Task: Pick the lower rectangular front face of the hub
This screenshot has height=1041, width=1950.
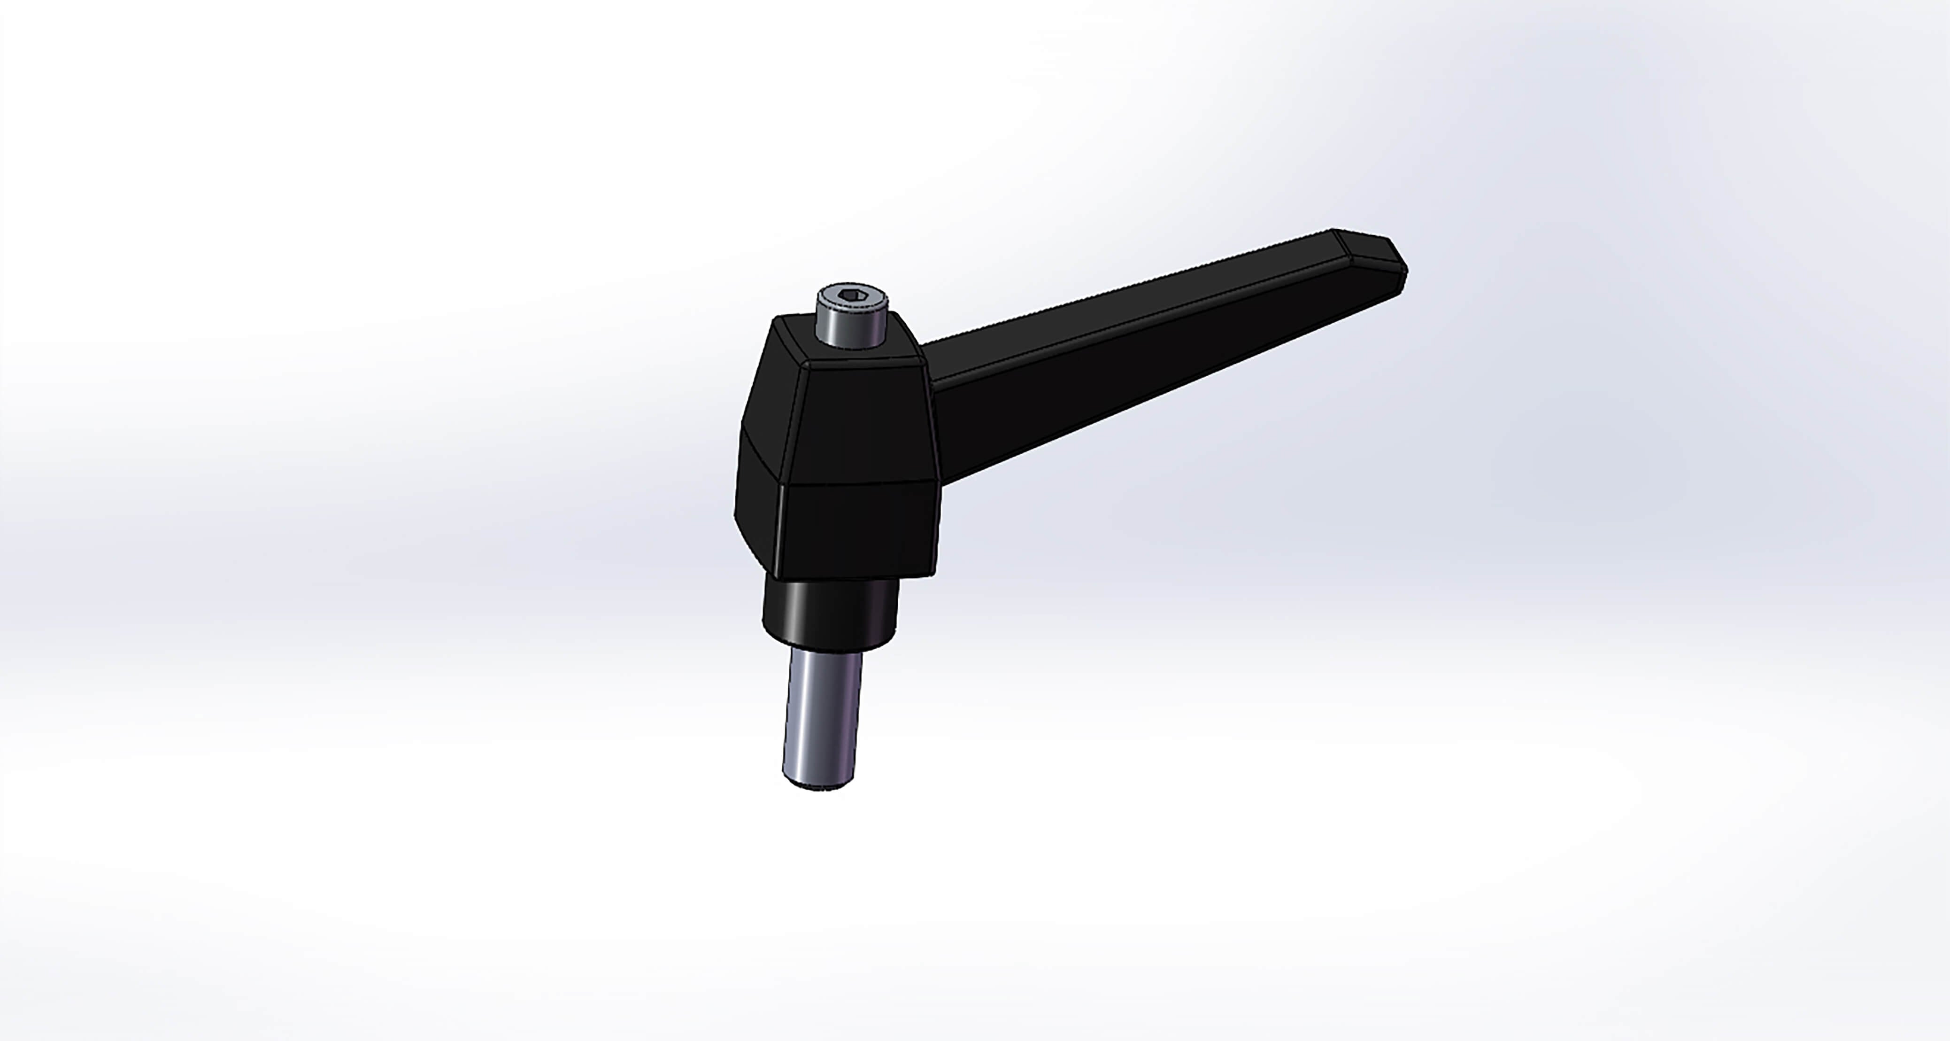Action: (x=859, y=530)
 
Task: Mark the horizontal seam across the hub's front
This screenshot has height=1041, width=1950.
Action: (x=859, y=483)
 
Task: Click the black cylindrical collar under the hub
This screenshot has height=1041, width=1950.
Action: (x=829, y=613)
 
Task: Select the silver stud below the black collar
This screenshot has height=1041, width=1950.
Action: (x=824, y=719)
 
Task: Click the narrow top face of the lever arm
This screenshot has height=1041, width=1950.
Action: (x=1135, y=303)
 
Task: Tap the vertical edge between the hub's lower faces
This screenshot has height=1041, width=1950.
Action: (x=780, y=530)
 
